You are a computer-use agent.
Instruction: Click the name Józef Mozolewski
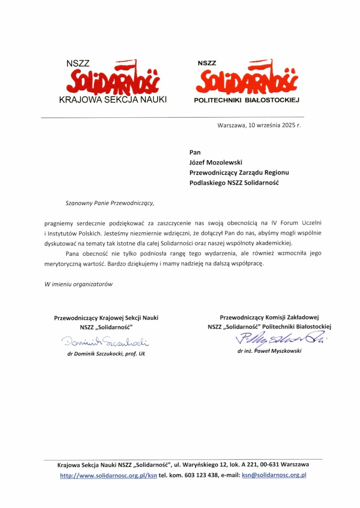coord(216,162)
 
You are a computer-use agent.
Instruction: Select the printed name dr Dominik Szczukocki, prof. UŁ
coord(106,354)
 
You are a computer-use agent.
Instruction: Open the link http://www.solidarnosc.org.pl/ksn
coord(109,475)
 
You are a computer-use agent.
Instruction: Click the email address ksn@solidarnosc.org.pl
coord(274,475)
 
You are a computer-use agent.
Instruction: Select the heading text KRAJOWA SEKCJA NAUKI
coord(113,100)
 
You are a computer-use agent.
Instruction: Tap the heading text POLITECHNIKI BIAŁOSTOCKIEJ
coord(247,100)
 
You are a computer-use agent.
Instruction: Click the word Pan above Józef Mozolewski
coord(195,152)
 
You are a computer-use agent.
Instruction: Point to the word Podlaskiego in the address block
coord(207,182)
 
